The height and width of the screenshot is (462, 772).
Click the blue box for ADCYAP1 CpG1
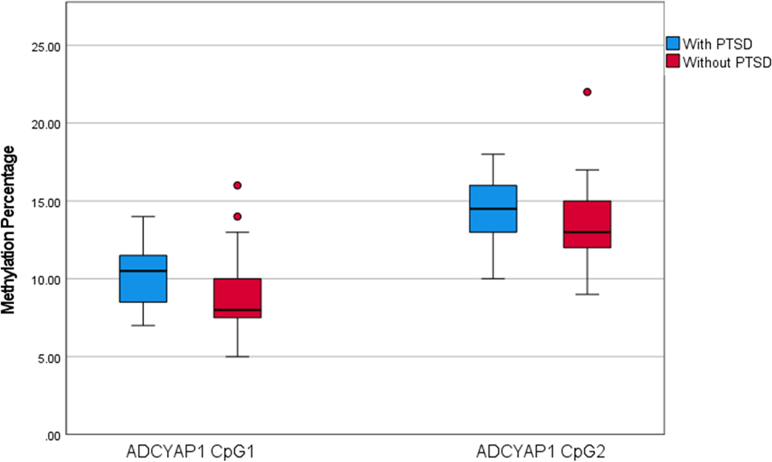coord(143,279)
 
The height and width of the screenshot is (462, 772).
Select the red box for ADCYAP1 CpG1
coord(238,298)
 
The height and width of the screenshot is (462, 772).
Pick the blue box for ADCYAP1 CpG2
coord(494,209)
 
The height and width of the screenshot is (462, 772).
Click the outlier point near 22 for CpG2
coord(587,92)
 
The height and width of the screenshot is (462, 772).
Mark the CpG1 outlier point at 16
coord(238,185)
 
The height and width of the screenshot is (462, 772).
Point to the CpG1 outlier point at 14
coord(238,216)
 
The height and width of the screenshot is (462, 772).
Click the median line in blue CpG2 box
coord(494,209)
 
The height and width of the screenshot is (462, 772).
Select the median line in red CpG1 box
coord(238,310)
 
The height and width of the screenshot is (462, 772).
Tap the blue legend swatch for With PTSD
coord(673,43)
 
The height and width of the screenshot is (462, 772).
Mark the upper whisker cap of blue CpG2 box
coord(494,154)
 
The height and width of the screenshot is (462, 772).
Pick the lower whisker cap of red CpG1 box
coord(238,357)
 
